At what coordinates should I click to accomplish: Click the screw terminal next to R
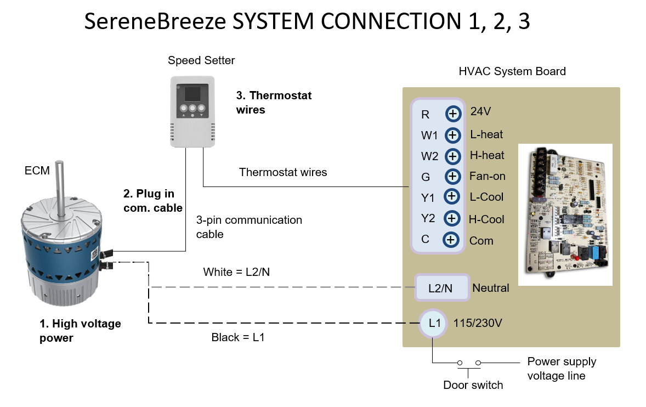coord(453,114)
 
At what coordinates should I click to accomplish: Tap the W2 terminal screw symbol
coord(453,156)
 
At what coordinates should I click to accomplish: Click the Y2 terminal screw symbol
coord(452,218)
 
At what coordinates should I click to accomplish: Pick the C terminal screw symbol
coord(451,239)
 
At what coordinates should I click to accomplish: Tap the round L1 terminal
coord(433,324)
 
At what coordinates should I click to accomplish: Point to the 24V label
coord(480,111)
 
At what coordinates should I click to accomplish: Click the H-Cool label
coord(486,219)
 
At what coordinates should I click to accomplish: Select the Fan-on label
coord(488,176)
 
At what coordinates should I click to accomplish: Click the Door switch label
coord(473,385)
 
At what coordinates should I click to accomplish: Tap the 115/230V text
coord(478,323)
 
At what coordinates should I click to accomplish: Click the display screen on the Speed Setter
coord(192,94)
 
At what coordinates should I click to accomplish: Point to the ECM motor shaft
coord(60,188)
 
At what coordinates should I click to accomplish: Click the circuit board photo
coord(565,214)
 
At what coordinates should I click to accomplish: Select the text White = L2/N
coord(236,272)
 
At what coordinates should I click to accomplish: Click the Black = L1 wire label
coord(237,337)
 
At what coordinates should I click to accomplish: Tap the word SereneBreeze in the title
coord(155,21)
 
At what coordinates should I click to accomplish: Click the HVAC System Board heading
coord(512,71)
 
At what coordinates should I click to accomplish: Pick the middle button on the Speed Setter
coord(192,109)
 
